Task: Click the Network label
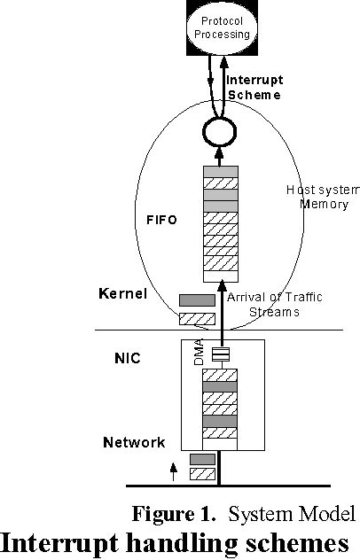(134, 442)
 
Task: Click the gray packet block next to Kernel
(197, 301)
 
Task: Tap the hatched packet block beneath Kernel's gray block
(197, 317)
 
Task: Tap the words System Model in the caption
(286, 514)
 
